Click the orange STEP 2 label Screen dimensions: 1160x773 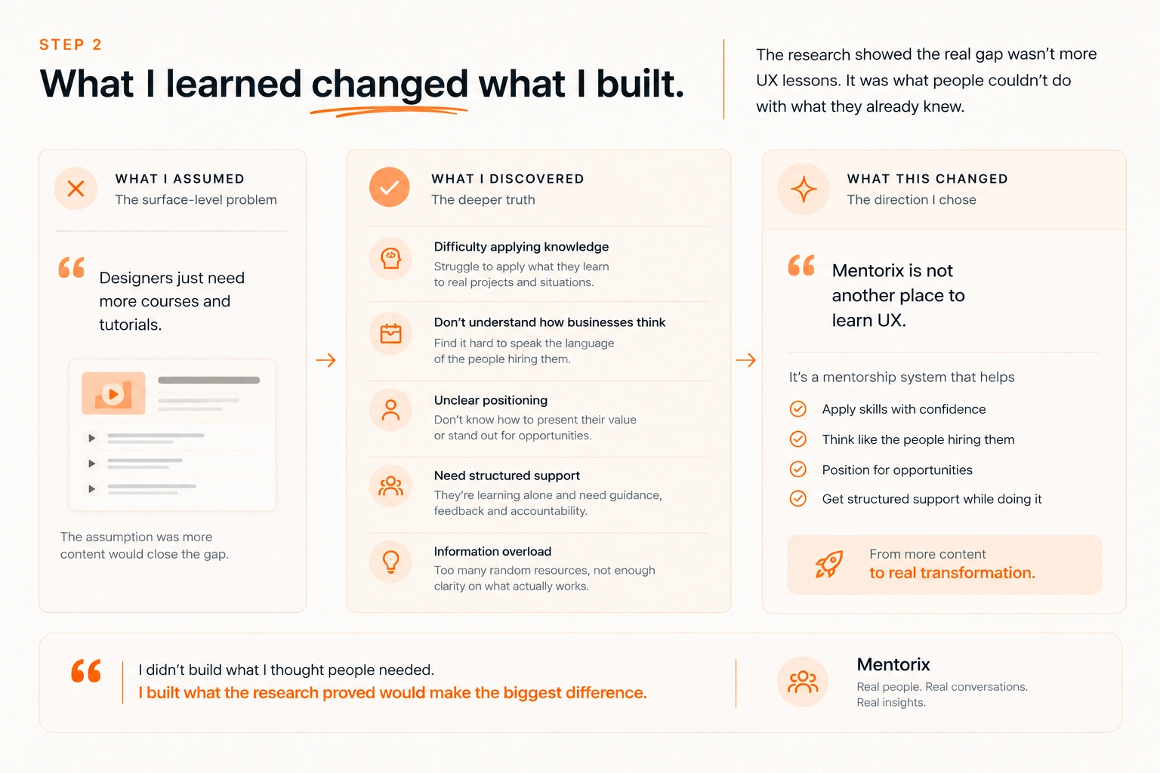(70, 45)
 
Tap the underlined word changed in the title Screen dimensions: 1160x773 (390, 84)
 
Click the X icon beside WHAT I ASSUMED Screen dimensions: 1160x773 (76, 189)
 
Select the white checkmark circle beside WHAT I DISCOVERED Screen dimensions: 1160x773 (390, 187)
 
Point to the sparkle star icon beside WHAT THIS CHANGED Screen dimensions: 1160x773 (804, 189)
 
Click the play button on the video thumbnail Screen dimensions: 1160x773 (113, 394)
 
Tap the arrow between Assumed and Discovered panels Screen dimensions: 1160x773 (325, 360)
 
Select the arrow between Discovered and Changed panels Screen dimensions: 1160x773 (745, 360)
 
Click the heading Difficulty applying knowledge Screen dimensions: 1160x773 (521, 246)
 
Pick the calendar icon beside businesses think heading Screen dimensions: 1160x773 (390, 334)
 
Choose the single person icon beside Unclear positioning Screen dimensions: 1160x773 (390, 410)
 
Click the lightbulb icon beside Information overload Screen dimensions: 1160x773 (390, 562)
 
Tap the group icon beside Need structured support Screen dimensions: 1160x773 (390, 486)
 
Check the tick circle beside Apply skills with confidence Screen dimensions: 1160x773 (798, 409)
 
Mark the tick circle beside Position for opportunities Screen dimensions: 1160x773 (798, 469)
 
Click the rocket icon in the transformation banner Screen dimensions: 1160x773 (828, 564)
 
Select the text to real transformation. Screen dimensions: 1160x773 (952, 573)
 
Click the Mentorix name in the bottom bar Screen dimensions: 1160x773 (893, 664)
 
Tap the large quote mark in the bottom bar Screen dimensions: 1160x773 (86, 671)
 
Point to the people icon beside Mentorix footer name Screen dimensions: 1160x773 (803, 682)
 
